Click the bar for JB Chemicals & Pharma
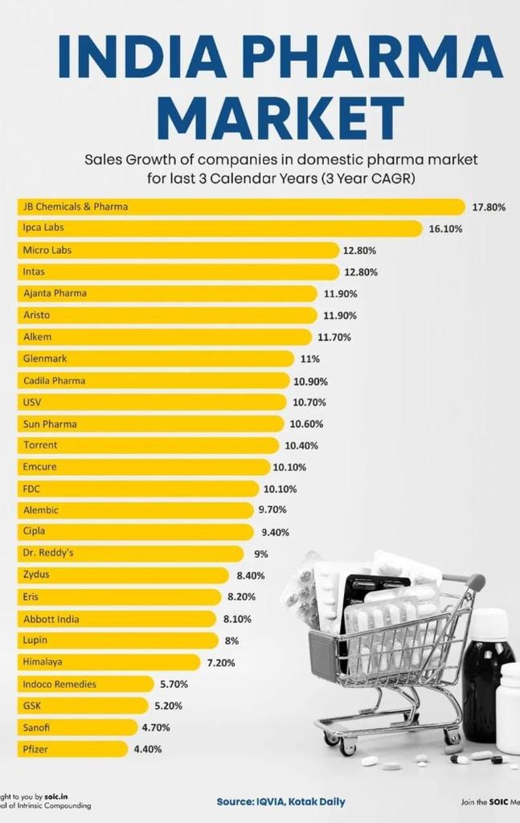pyautogui.click(x=241, y=207)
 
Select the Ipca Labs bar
pyautogui.click(x=219, y=228)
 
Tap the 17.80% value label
pyautogui.click(x=489, y=207)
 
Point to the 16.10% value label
pyautogui.click(x=445, y=229)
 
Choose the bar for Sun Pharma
pyautogui.click(x=151, y=424)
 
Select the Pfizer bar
pyautogui.click(x=72, y=749)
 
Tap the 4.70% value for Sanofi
pyautogui.click(x=161, y=727)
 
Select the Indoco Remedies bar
pyautogui.click(x=85, y=684)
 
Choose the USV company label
pyautogui.click(x=32, y=402)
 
